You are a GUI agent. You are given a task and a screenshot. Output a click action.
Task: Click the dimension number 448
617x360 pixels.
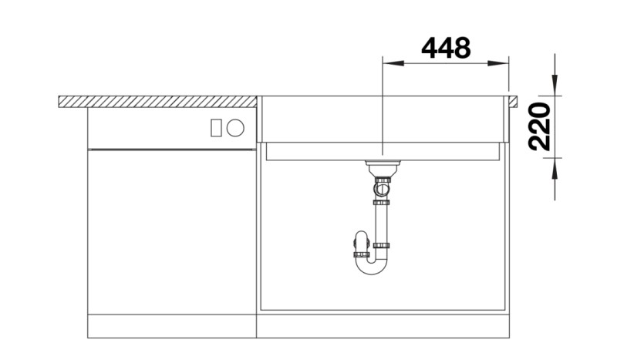(446, 48)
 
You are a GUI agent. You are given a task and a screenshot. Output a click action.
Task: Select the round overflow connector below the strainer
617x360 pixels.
(381, 187)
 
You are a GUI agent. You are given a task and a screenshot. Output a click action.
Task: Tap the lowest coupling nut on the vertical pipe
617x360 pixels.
(381, 246)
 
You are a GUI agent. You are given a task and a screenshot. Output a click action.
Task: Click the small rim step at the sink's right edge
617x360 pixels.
(511, 100)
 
